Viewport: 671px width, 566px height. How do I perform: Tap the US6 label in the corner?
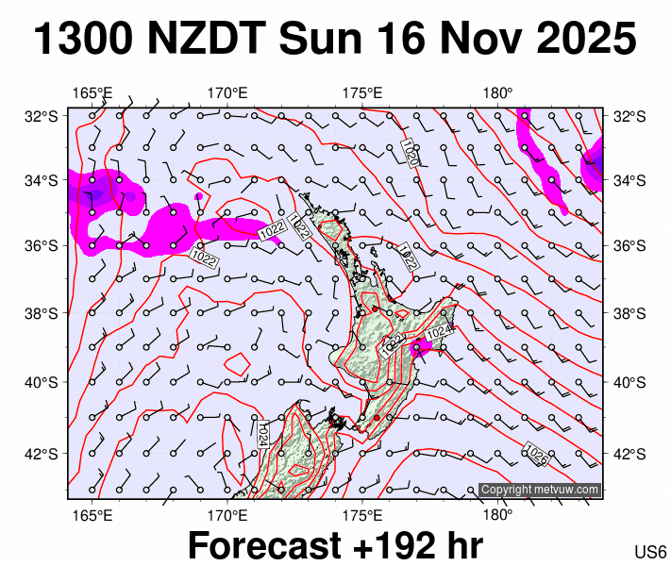click(x=651, y=552)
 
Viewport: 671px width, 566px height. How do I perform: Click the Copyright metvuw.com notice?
click(x=540, y=490)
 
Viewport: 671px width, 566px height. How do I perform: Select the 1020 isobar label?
click(x=410, y=152)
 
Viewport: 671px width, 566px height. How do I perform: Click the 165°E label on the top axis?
click(x=92, y=92)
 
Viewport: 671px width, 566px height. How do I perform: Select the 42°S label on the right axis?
click(x=629, y=454)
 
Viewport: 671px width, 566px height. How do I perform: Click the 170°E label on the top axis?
click(x=227, y=92)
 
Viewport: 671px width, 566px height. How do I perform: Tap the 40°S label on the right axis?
click(x=629, y=382)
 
